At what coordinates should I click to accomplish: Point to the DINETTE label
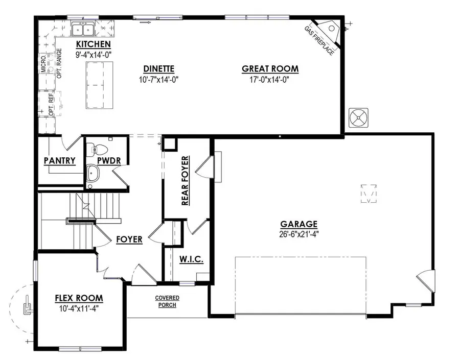coord(159,69)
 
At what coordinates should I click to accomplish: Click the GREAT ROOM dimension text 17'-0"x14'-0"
coord(270,80)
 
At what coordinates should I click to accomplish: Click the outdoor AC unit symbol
coord(359,118)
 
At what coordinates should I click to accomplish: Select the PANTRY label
coord(60,161)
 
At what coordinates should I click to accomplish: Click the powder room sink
coord(93,173)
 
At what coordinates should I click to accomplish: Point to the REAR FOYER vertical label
coord(186,181)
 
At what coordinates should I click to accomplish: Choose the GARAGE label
coord(299,224)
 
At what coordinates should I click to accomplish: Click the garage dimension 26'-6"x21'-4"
coord(299,234)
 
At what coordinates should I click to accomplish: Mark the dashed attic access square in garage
coord(369,194)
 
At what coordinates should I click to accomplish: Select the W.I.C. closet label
coord(192,260)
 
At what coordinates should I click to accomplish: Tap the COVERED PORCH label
coord(168,301)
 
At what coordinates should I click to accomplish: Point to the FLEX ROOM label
coord(79,298)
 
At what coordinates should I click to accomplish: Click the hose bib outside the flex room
coord(27,307)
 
